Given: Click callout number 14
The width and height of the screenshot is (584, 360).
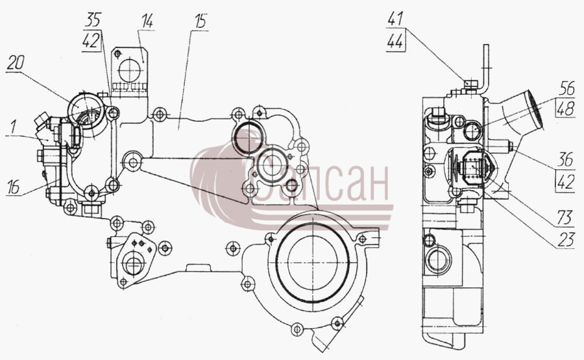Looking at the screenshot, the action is tap(147, 21).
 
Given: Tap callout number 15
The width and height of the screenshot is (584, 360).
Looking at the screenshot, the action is tap(201, 21).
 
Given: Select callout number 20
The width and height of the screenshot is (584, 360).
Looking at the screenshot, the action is tap(16, 63).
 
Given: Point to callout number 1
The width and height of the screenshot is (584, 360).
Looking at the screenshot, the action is tap(14, 127).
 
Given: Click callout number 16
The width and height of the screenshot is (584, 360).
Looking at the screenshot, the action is tap(14, 187).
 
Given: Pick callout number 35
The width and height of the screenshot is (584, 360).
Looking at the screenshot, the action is tap(92, 19).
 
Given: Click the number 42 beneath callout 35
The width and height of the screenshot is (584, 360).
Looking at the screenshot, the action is tap(91, 40).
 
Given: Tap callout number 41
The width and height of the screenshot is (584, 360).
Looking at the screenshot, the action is tap(395, 19).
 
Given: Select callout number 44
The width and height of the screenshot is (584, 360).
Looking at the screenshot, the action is tap(395, 41).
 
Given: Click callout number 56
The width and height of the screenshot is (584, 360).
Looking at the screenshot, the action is tap(567, 89).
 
